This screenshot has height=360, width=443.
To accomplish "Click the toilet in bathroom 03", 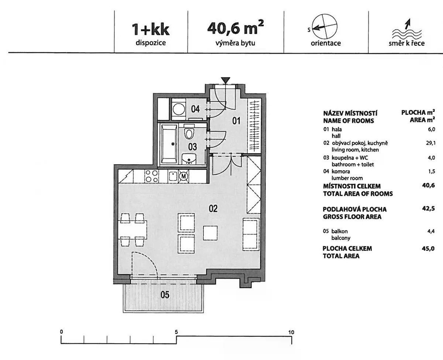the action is tap(189, 132).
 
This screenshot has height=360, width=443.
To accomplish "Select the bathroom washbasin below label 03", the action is tap(189, 159).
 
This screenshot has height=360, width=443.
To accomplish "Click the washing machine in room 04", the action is tap(178, 109).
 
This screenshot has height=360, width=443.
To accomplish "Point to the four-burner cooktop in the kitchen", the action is tap(151, 176).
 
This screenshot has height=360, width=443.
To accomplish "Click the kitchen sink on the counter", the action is tap(173, 176).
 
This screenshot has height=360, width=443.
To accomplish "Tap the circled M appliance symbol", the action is tap(183, 176).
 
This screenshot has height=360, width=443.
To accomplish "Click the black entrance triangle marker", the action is tap(226, 80).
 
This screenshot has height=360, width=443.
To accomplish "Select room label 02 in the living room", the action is tap(213, 208).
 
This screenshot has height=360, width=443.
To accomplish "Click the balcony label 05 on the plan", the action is tap(165, 295).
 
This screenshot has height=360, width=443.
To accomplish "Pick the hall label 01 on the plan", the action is tap(236, 121).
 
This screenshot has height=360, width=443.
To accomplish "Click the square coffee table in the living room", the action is tap(210, 233).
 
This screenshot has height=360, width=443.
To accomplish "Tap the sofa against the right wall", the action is tap(251, 235).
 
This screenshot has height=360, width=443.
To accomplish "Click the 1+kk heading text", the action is tap(151, 30).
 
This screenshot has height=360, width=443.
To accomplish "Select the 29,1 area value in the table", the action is tap(431, 143).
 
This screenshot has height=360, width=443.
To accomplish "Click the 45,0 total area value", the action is tap(428, 249).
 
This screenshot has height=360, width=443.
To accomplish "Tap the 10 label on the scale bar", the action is tap(291, 332).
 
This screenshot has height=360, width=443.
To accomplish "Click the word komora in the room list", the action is tap(341, 172).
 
